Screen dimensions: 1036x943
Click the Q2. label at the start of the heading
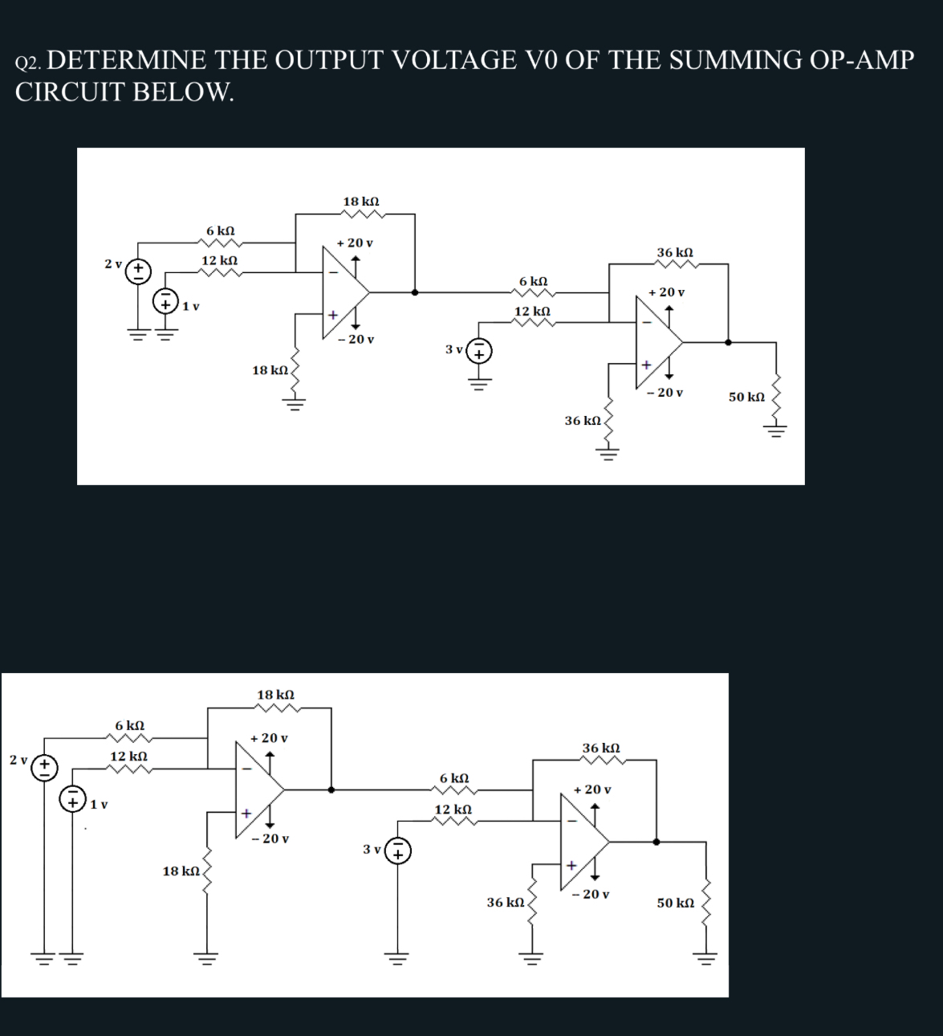tap(32, 63)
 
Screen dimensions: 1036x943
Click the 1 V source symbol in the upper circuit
tap(166, 303)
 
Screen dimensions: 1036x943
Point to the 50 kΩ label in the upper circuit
tap(746, 397)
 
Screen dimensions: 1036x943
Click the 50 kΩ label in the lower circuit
tap(675, 903)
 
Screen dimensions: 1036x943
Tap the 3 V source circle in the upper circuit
tap(479, 351)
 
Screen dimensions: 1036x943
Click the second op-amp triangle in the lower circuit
tap(584, 842)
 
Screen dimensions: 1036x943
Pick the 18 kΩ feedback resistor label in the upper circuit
tap(361, 201)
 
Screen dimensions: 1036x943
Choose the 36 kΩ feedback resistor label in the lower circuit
tap(600, 748)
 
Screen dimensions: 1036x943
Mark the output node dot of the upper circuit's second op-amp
tap(728, 341)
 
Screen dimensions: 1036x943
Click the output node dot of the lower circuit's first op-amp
tap(331, 789)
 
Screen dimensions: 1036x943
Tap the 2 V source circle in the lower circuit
tap(43, 768)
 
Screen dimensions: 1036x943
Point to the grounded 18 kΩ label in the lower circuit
tap(181, 871)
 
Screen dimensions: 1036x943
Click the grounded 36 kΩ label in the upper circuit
tap(583, 421)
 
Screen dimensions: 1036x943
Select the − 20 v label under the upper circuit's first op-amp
tap(356, 340)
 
